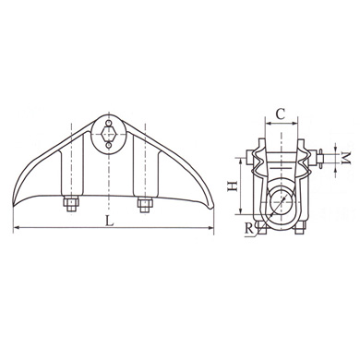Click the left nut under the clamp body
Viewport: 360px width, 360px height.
(69, 203)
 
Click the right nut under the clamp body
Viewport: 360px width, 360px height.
(144, 203)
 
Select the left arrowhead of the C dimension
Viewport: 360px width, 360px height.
(264, 125)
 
